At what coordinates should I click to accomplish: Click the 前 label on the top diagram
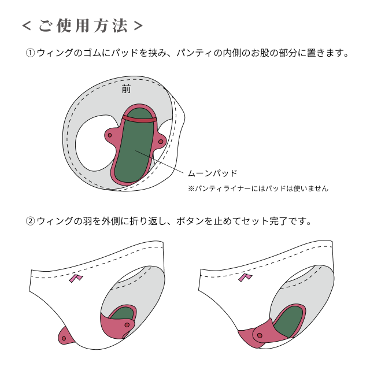click(126, 89)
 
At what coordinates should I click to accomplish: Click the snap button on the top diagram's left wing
click(110, 135)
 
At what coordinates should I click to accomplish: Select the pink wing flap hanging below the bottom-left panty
click(66, 334)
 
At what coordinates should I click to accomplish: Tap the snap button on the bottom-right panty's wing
click(260, 335)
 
